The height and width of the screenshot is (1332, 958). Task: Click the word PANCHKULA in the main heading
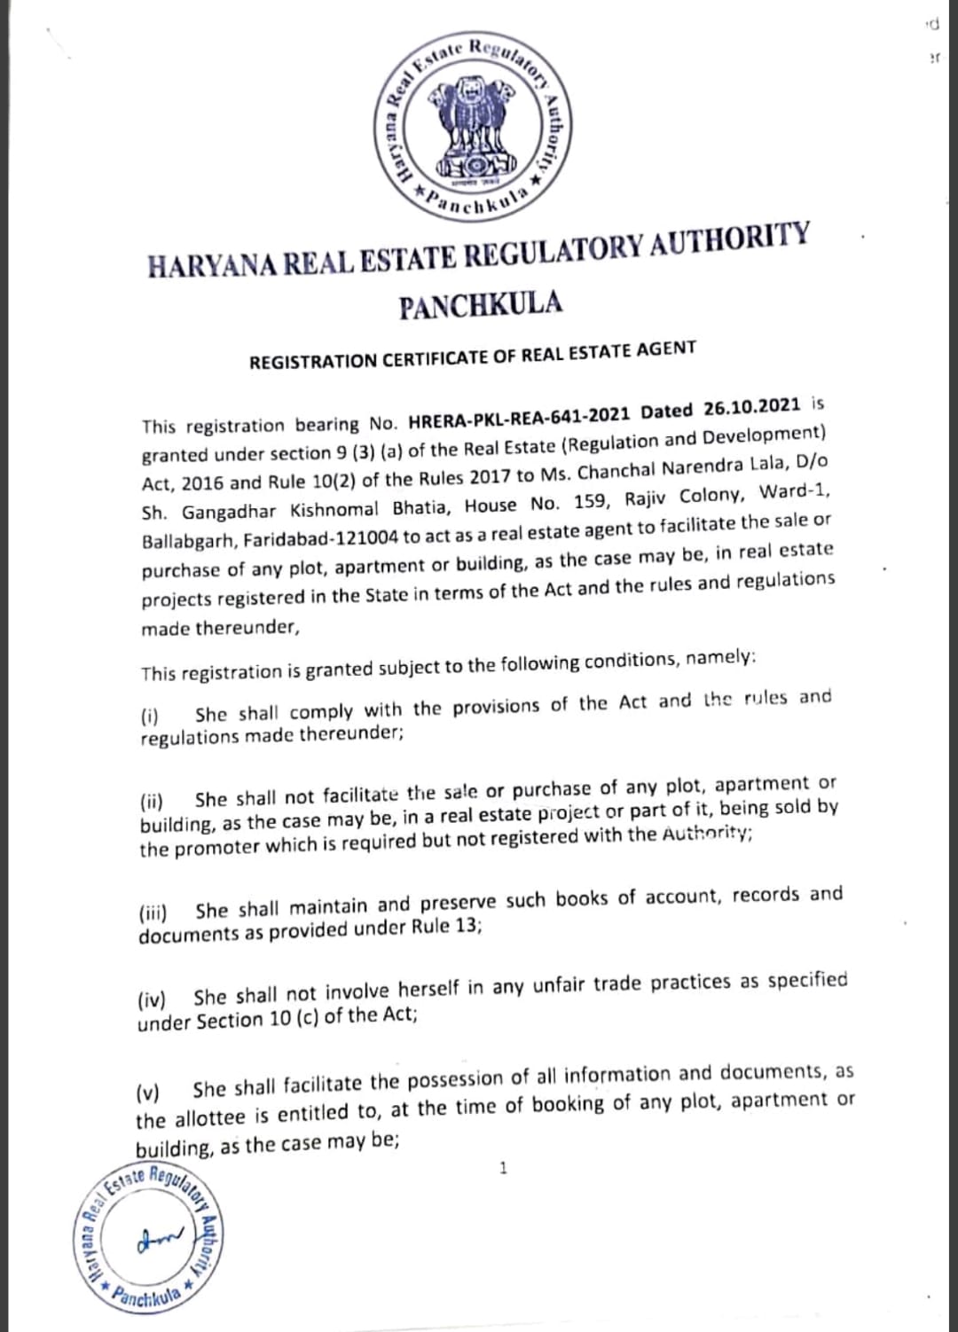click(x=481, y=305)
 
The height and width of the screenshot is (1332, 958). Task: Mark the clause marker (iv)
click(x=153, y=1000)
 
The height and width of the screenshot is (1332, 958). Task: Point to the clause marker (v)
click(x=148, y=1092)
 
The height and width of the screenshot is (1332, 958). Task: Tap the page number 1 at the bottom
click(x=503, y=1168)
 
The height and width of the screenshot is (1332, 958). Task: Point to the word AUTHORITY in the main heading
click(x=729, y=241)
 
